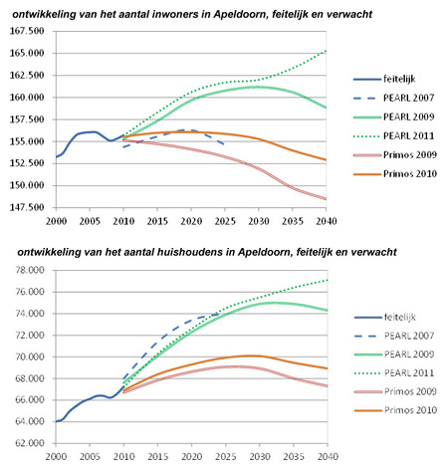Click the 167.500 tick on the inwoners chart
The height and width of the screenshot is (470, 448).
27,31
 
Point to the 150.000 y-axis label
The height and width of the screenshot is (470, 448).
27,185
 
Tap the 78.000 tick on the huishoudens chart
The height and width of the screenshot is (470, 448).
30,270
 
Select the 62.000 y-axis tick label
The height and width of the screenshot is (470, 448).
30,443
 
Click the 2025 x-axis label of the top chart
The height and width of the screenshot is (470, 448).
225,221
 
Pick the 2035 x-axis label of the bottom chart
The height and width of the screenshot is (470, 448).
294,457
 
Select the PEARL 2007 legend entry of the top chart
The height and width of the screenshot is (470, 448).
394,98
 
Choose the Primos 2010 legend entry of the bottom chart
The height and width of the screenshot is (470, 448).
395,410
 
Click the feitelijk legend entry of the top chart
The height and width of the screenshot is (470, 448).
384,79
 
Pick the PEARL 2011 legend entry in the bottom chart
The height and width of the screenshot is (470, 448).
394,373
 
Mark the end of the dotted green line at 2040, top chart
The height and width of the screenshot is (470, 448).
327,51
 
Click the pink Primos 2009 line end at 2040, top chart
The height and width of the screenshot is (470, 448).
327,199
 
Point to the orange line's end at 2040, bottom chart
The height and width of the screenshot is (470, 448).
328,368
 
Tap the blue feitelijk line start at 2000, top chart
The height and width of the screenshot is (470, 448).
56,157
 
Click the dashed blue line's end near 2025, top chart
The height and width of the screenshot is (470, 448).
224,143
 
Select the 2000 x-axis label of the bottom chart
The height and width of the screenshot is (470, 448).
56,457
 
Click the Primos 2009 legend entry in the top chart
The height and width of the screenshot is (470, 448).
395,155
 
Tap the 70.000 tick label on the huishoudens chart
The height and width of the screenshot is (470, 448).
30,356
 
